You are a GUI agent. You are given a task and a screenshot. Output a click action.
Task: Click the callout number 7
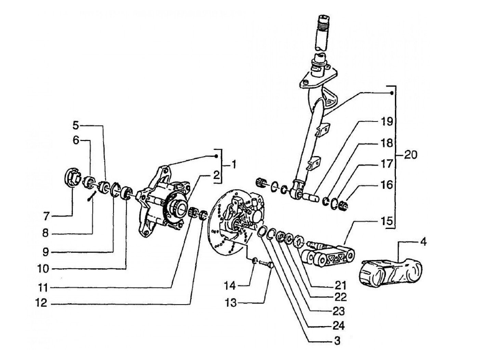click(x=46, y=217)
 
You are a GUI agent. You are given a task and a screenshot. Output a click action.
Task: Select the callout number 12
click(x=41, y=303)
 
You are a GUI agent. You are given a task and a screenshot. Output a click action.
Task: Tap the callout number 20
click(x=411, y=155)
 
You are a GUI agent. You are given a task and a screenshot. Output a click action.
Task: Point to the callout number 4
click(x=423, y=242)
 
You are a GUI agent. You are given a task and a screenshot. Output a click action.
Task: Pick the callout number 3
click(x=337, y=340)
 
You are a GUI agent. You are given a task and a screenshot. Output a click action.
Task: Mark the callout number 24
click(x=338, y=326)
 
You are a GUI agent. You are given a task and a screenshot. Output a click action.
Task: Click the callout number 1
click(x=233, y=165)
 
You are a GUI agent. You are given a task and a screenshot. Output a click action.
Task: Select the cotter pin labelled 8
click(x=92, y=196)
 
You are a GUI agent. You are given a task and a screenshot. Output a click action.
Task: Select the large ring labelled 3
click(x=262, y=232)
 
